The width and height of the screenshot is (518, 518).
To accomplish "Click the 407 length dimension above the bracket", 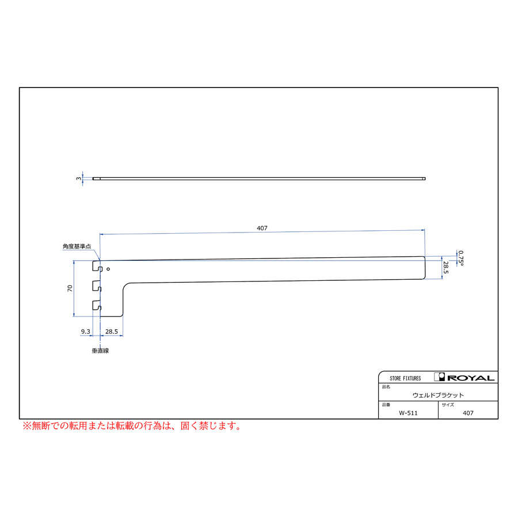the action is click(x=262, y=228).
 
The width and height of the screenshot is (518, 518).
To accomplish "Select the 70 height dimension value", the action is click(x=70, y=288).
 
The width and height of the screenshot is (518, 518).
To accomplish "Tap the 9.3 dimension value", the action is click(x=85, y=332).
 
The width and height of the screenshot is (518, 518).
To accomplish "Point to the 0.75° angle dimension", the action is click(x=461, y=258).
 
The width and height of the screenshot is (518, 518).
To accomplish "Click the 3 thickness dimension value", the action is click(x=78, y=178).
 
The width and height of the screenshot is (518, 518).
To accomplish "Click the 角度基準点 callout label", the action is click(x=77, y=246).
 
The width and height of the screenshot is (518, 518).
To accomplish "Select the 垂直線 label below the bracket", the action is click(x=100, y=351).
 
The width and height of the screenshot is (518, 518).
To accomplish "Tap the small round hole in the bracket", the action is click(x=108, y=269).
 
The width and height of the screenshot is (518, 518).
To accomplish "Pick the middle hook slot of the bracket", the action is click(x=97, y=287).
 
